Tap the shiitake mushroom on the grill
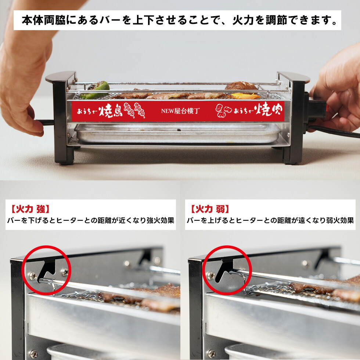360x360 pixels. pyautogui.click(x=241, y=86)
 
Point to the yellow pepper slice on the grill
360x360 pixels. pyautogui.click(x=245, y=96)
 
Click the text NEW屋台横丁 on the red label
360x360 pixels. pyautogui.click(x=180, y=111)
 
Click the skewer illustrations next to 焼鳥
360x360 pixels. pyautogui.click(x=134, y=110)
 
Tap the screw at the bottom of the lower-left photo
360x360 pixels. pyautogui.click(x=33, y=354)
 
